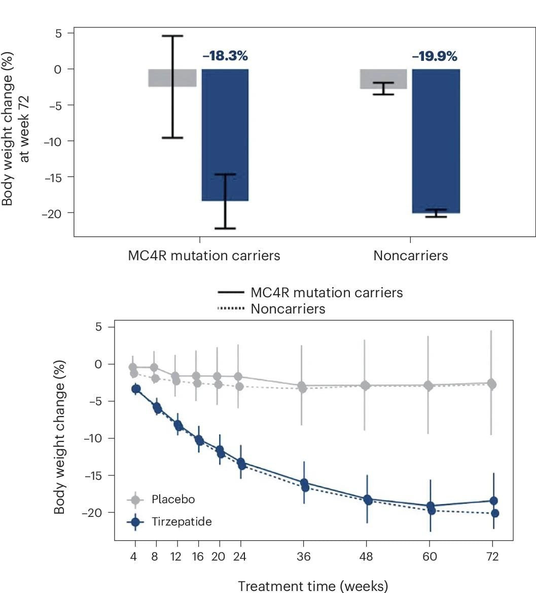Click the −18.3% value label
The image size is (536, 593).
click(x=225, y=56)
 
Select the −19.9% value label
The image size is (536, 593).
click(x=435, y=56)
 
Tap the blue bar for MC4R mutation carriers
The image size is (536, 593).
click(x=225, y=134)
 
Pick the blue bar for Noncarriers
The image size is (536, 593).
click(x=436, y=141)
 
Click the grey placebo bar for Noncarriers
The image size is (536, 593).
click(x=383, y=79)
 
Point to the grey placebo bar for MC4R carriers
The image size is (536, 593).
click(x=172, y=78)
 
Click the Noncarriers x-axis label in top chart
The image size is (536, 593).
click(x=411, y=256)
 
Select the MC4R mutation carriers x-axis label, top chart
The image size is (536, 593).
click(x=204, y=256)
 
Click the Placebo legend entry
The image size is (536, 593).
click(x=173, y=500)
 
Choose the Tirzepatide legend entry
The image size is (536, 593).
click(x=181, y=521)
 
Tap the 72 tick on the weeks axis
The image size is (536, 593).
click(x=492, y=557)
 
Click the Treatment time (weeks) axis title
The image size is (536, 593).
click(x=313, y=586)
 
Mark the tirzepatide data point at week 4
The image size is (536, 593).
click(x=136, y=389)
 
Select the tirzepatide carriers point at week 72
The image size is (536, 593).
click(x=493, y=501)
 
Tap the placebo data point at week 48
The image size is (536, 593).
click(x=366, y=386)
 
